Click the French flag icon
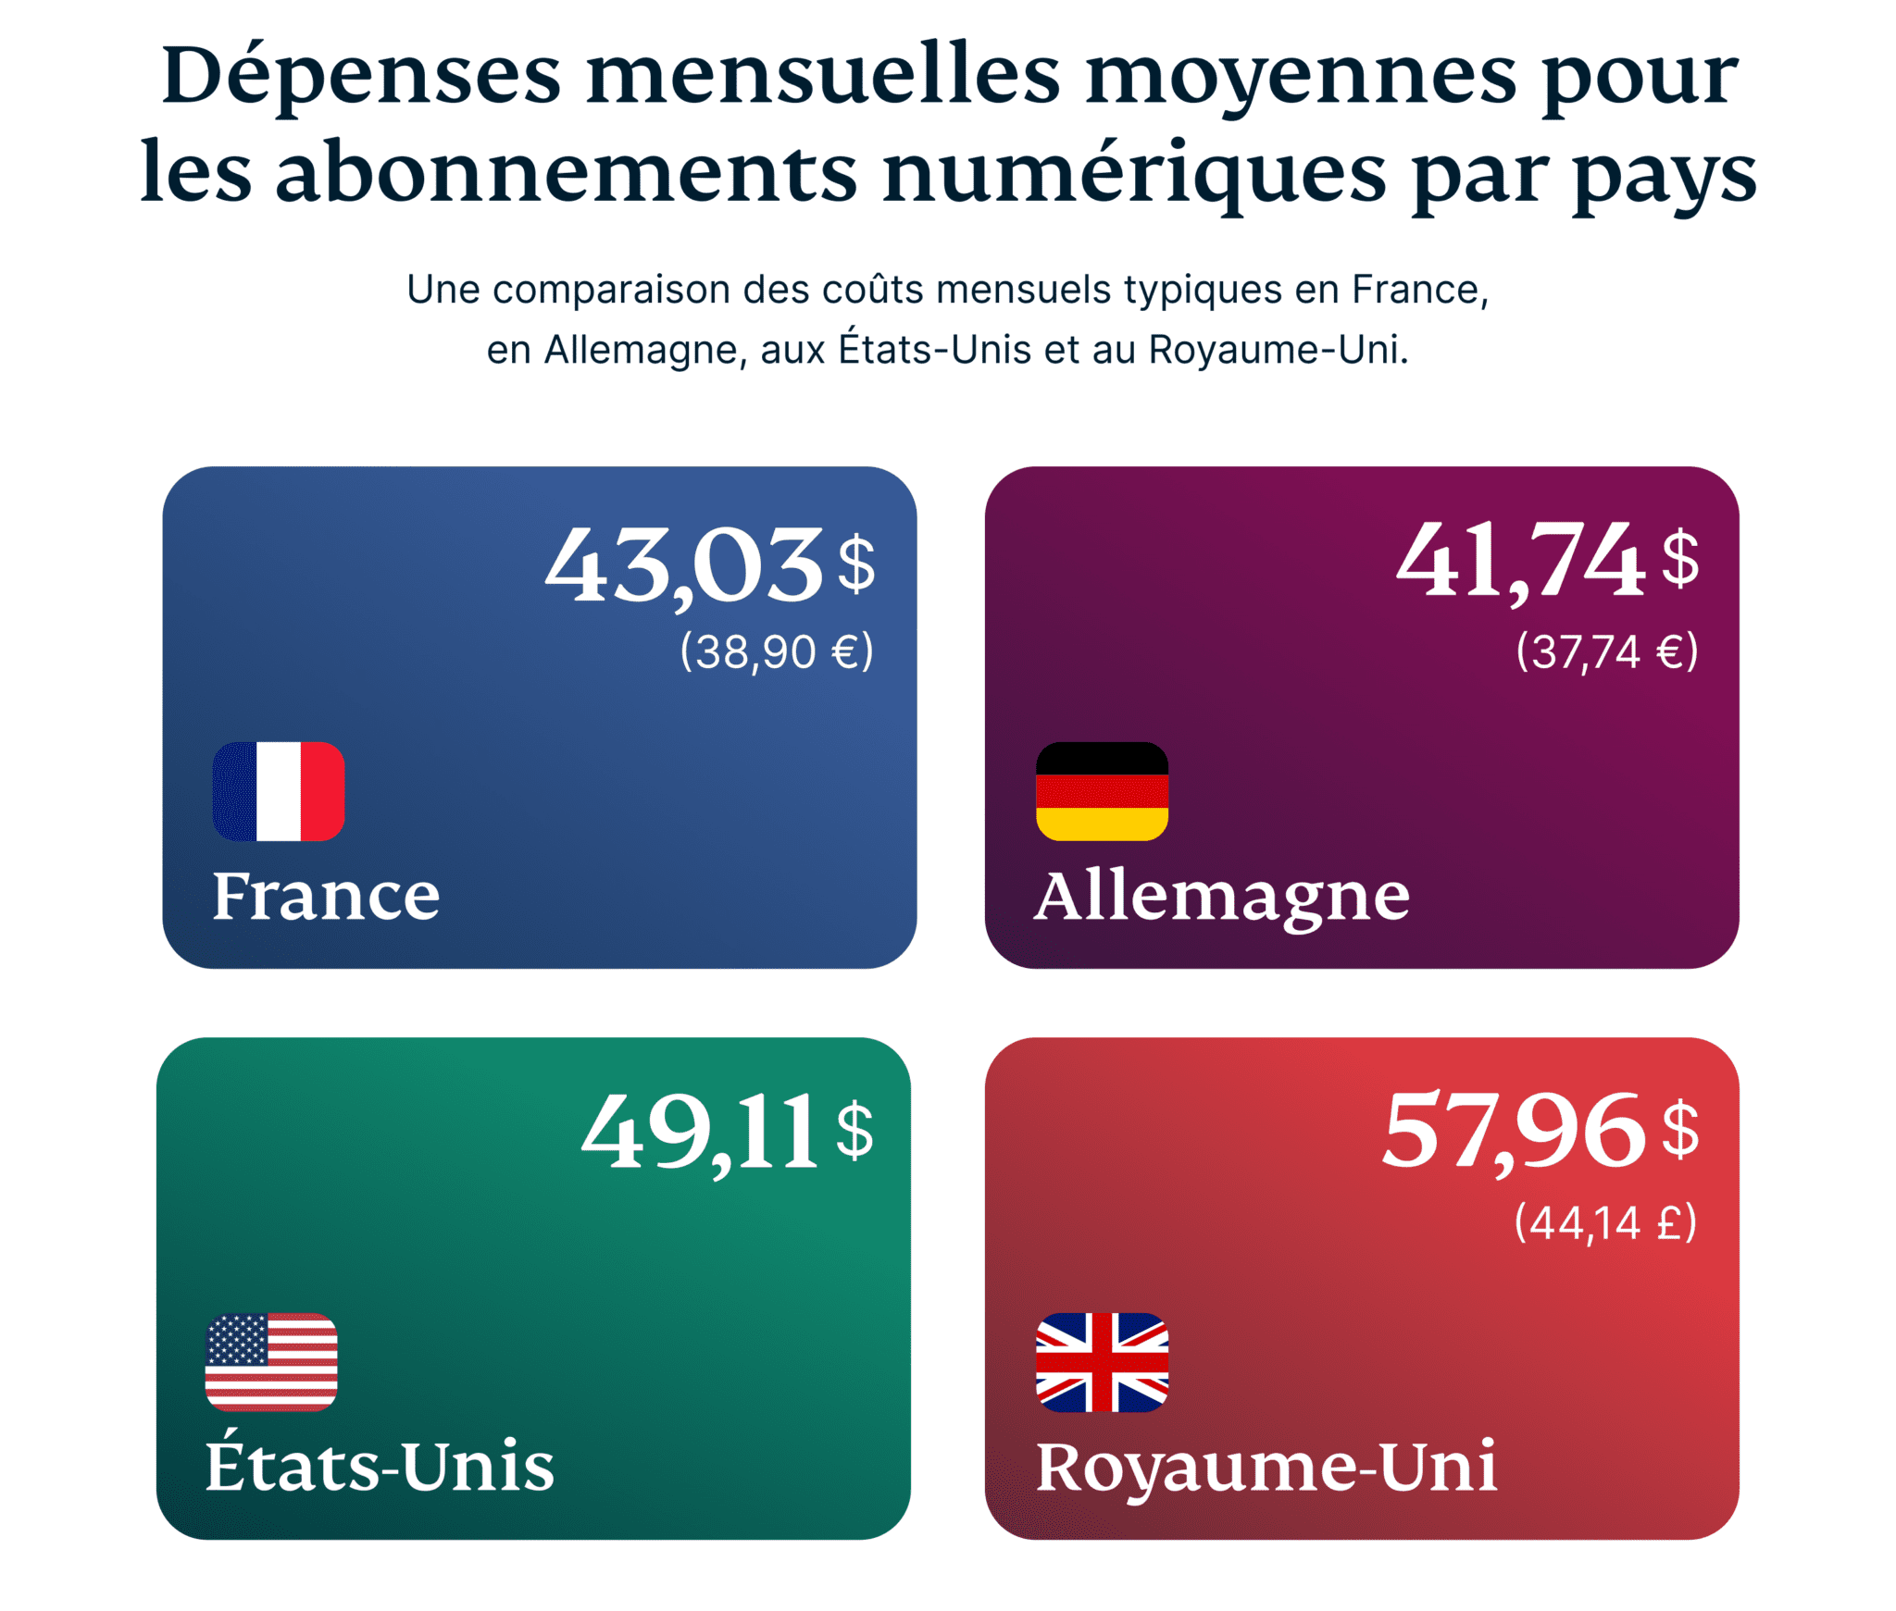278,791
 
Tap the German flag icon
1102,791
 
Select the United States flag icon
271,1361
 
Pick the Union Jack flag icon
1102,1361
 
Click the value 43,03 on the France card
684,564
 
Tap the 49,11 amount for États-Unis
700,1131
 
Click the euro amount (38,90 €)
777,651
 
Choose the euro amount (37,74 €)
1606,651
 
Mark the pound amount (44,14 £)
1605,1222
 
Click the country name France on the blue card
326,896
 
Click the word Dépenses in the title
361,76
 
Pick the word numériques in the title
1134,174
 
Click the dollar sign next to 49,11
854,1130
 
